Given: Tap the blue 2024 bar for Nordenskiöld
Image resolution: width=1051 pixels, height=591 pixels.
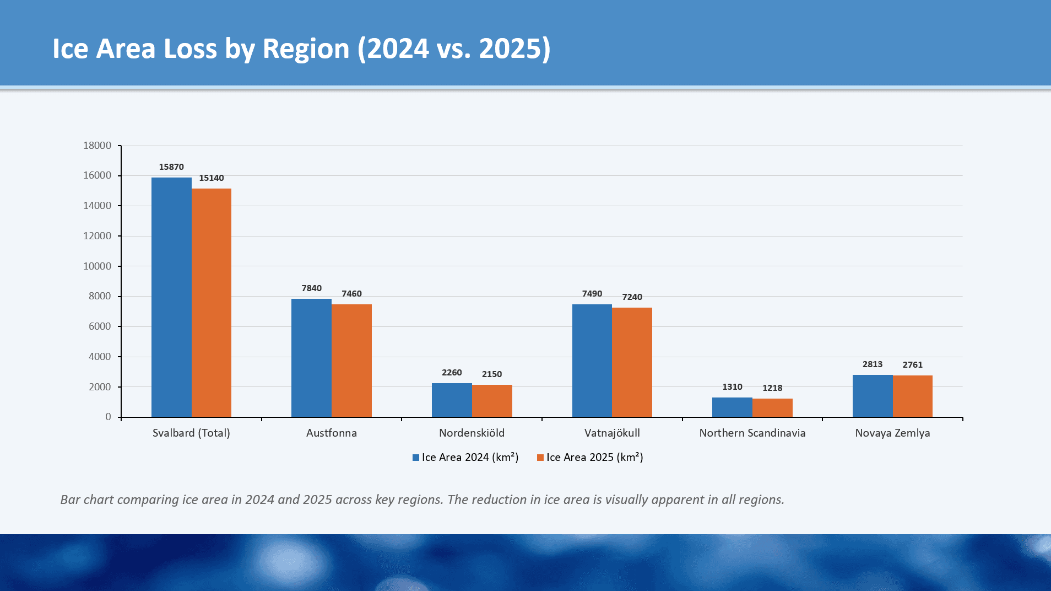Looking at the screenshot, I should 452,400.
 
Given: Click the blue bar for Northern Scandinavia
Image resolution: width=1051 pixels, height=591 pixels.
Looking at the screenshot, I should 732,407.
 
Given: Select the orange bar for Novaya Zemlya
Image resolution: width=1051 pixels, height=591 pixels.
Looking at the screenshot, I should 912,396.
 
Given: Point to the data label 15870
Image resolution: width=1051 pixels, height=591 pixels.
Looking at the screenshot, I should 171,167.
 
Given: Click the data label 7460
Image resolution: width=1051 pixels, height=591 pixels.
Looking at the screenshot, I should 351,294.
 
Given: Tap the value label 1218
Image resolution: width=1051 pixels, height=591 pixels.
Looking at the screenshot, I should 772,388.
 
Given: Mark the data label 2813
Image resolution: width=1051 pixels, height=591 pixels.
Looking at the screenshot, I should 873,364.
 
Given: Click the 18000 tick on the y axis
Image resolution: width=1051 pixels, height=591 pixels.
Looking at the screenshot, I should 97,146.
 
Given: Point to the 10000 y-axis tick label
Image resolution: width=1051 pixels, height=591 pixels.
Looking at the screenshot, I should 97,266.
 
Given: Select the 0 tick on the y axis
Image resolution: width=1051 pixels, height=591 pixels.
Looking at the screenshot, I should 109,417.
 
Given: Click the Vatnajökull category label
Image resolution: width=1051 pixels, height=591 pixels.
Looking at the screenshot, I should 612,433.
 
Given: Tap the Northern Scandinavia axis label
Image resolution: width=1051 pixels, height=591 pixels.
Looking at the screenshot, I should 752,433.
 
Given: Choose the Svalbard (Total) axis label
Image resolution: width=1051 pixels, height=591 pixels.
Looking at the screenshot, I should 191,433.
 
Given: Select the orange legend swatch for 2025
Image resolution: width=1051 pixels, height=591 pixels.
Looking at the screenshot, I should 540,458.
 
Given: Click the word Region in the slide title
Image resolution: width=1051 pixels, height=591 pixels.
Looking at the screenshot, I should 306,49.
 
